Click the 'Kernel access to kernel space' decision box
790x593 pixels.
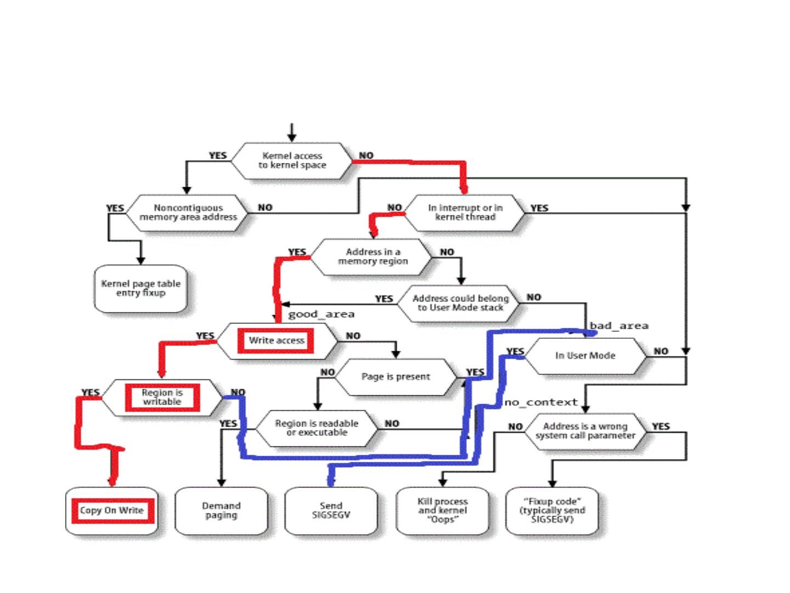(292, 160)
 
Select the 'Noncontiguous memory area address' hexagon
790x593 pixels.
(188, 212)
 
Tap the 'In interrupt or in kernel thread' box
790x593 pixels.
(465, 212)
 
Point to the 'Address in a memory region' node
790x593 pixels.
(373, 256)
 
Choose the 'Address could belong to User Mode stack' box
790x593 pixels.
(460, 303)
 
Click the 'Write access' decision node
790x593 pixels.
(276, 340)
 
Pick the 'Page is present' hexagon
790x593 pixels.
(396, 377)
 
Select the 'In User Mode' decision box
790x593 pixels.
(585, 356)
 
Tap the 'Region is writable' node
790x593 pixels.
(162, 397)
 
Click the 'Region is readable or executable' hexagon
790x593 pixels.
(317, 428)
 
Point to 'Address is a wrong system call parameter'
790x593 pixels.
(585, 430)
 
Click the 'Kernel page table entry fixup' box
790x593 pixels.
(140, 288)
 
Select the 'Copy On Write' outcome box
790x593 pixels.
(112, 511)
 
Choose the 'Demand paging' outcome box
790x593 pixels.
(221, 511)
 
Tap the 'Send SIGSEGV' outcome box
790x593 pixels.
(331, 511)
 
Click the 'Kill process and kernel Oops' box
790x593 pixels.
(442, 511)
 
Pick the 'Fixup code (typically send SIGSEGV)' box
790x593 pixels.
(552, 511)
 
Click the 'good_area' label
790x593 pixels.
(321, 314)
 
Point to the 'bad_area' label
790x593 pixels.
(619, 326)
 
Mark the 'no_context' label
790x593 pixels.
(541, 402)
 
